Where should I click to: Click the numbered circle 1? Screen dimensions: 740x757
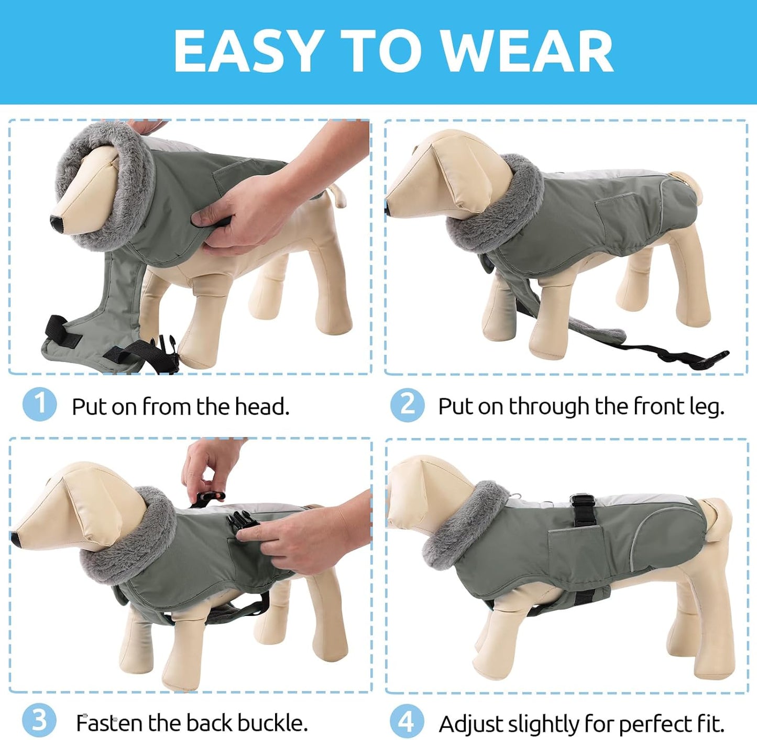[39, 404]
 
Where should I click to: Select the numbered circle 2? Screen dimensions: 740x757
[407, 405]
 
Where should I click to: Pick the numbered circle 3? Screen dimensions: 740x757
[39, 721]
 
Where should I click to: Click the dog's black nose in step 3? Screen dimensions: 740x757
[16, 540]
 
